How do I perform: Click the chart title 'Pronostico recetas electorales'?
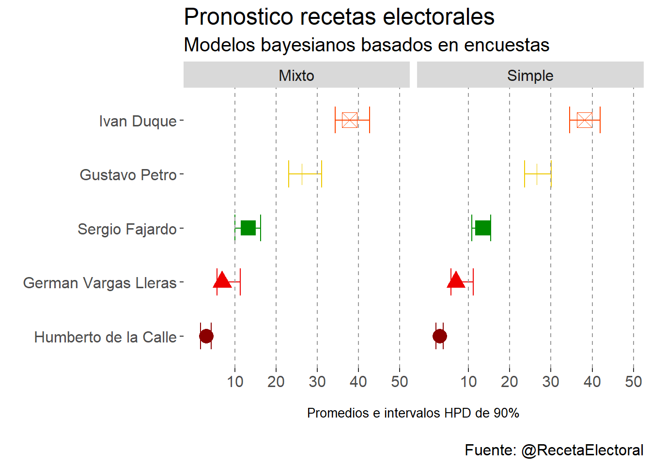click(339, 17)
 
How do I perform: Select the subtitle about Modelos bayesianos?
click(366, 45)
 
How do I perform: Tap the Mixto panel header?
click(296, 76)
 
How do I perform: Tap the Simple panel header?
click(530, 76)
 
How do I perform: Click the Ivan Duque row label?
click(138, 121)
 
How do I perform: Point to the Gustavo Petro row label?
click(128, 175)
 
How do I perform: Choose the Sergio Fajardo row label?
click(127, 229)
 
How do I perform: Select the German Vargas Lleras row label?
click(100, 283)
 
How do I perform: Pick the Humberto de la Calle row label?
click(105, 337)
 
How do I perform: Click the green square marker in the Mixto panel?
click(248, 228)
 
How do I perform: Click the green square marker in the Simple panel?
click(482, 228)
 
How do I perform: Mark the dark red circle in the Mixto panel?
click(206, 336)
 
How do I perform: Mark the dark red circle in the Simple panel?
click(440, 336)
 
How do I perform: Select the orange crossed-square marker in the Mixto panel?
click(350, 120)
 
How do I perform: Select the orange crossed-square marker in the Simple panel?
click(585, 120)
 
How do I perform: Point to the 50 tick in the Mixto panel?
click(400, 382)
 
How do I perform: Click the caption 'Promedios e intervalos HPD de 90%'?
click(413, 413)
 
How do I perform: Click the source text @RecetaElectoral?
click(582, 450)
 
